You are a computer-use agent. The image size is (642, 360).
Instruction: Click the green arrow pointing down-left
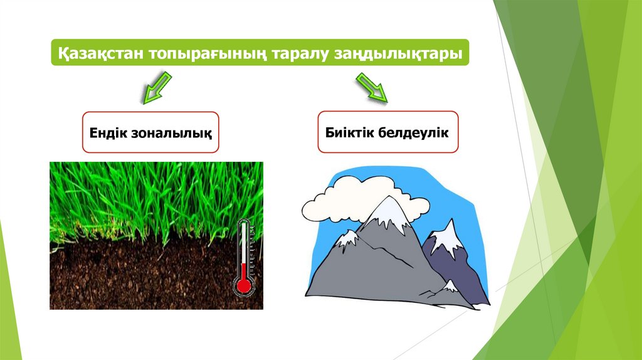[157, 87]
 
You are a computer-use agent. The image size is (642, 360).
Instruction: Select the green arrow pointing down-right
[371, 87]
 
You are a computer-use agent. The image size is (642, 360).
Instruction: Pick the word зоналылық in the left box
[171, 134]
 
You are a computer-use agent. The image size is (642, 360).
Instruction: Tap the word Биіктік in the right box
[349, 132]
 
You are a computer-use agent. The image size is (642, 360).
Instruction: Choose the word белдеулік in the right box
[413, 132]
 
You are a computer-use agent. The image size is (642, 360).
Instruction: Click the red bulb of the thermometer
[244, 285]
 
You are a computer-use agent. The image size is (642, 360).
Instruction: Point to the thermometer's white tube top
[244, 224]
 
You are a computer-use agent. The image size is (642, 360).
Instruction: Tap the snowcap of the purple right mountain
[448, 238]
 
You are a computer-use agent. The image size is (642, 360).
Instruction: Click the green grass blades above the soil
[155, 201]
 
